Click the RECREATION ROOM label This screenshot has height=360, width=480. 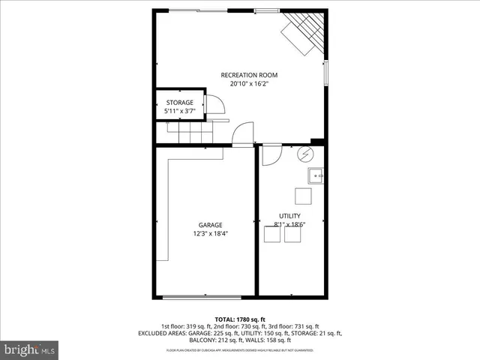click(x=249, y=75)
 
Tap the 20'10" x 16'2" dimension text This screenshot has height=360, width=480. click(x=249, y=84)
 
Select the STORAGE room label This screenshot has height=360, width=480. click(x=179, y=102)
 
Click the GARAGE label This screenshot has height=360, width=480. click(x=210, y=225)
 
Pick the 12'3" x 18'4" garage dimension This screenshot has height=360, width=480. click(x=210, y=234)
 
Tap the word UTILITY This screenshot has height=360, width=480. click(x=289, y=215)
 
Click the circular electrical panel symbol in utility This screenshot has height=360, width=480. click(x=305, y=154)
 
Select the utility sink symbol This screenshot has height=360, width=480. click(x=316, y=176)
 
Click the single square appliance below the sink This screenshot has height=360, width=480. click(x=302, y=196)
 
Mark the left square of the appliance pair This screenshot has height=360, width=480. click(x=272, y=235)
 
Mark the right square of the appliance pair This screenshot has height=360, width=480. click(x=292, y=235)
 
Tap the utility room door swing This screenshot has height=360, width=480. click(x=271, y=154)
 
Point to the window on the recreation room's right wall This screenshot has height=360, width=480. click(x=326, y=73)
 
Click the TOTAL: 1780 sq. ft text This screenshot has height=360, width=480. click(x=240, y=319)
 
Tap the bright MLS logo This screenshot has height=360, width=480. click(x=30, y=349)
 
